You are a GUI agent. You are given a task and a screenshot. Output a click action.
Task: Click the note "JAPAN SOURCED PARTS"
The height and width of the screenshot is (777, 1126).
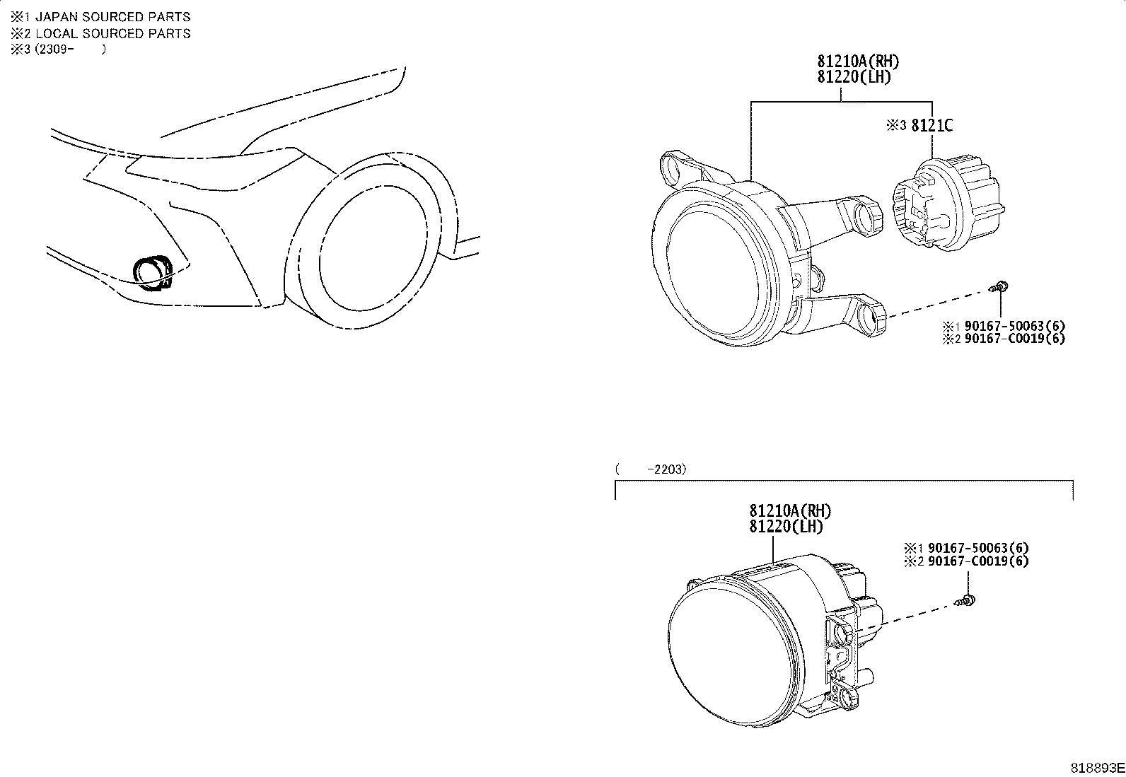[112, 16]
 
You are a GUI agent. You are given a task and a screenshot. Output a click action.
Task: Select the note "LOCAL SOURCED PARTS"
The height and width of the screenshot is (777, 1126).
[112, 33]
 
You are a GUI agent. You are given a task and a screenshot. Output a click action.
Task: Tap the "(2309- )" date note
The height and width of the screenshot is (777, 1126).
[71, 49]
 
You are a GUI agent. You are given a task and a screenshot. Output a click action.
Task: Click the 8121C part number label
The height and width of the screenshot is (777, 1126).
[932, 125]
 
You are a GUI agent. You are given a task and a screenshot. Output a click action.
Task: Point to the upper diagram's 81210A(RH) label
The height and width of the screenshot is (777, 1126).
[858, 62]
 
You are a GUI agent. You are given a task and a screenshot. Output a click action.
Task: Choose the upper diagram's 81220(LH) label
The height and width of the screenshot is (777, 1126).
[854, 77]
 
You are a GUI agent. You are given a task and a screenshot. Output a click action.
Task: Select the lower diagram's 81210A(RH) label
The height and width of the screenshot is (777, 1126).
[790, 511]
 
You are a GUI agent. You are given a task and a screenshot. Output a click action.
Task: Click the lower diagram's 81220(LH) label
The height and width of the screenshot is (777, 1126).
[787, 527]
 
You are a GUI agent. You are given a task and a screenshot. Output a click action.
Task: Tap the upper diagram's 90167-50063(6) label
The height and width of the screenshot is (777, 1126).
[1015, 326]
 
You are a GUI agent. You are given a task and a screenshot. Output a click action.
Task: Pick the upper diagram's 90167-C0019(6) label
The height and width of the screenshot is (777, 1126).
[1015, 338]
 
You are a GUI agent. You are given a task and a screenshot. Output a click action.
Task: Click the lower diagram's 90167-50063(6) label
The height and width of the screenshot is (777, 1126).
[978, 548]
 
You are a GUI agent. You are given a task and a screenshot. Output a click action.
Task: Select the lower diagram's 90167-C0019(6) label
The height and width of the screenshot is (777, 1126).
[978, 561]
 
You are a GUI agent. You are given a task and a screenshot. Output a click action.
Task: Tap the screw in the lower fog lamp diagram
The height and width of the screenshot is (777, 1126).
[965, 600]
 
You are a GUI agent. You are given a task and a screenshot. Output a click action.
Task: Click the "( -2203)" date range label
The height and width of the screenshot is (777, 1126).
[651, 469]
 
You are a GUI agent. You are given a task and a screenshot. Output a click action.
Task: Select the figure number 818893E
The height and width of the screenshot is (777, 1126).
[1097, 768]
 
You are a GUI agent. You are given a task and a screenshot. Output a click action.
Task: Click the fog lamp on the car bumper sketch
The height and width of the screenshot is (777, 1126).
[153, 273]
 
